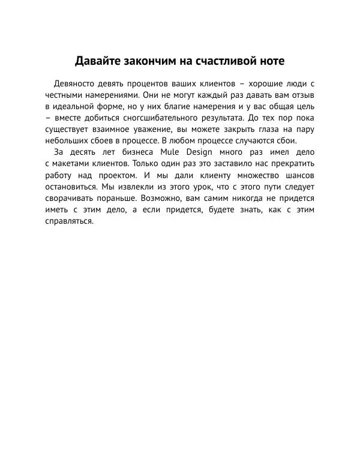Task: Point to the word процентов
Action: click(148, 83)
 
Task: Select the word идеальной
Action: click(76, 106)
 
